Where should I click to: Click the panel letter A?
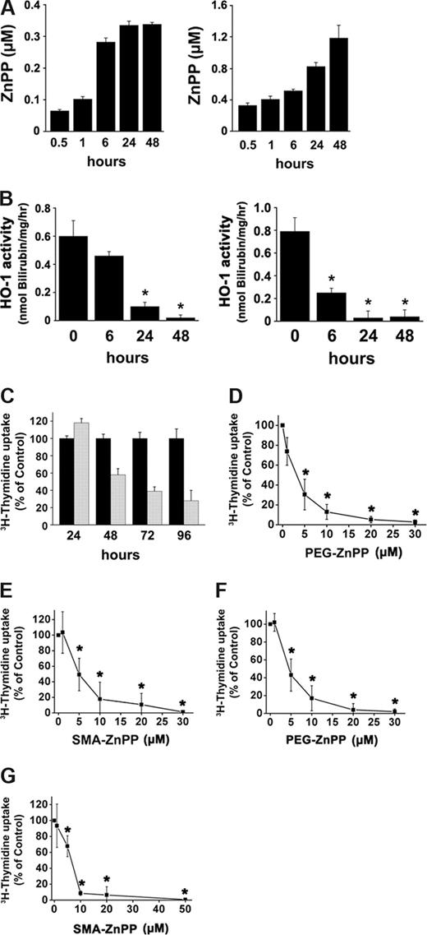pos(10,9)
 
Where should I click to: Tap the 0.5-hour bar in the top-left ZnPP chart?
pos(59,120)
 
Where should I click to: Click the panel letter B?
pos(10,198)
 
